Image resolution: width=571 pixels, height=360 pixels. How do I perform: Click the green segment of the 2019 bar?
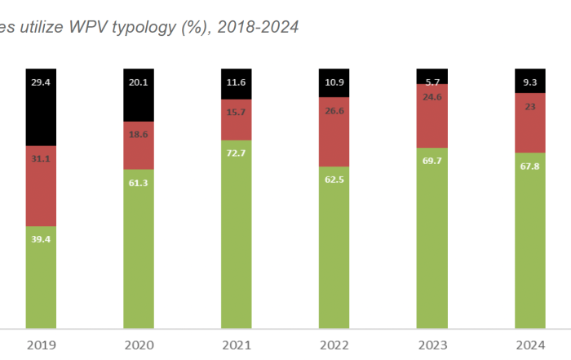[x=41, y=278]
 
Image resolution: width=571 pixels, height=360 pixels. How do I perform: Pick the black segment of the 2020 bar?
[x=139, y=95]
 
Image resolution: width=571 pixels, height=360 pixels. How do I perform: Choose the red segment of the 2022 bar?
[x=334, y=134]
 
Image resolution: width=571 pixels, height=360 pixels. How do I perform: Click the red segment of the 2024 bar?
[x=529, y=122]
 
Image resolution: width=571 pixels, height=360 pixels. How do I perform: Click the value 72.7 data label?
[x=236, y=153]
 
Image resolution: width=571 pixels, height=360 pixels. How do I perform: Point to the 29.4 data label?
[x=41, y=82]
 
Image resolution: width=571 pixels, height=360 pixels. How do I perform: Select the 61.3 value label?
[x=139, y=184]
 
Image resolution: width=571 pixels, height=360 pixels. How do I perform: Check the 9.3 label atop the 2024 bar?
[x=529, y=82]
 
